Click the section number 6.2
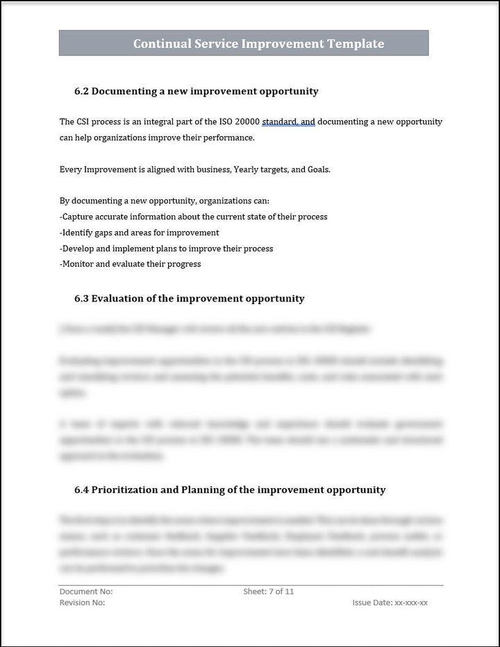coord(81,91)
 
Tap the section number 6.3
coord(81,299)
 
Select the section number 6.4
coord(81,489)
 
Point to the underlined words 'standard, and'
coord(288,121)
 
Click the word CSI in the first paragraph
coord(84,121)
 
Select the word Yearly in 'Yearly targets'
coord(247,169)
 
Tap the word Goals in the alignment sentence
coord(319,169)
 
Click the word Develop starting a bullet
coord(77,249)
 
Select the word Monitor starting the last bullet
coord(77,264)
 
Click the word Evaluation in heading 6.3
coord(118,299)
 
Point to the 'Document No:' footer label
coord(86,591)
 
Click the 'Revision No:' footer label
coord(83,603)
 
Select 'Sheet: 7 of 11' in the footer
coord(269,591)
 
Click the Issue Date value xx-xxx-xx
coord(411,603)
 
